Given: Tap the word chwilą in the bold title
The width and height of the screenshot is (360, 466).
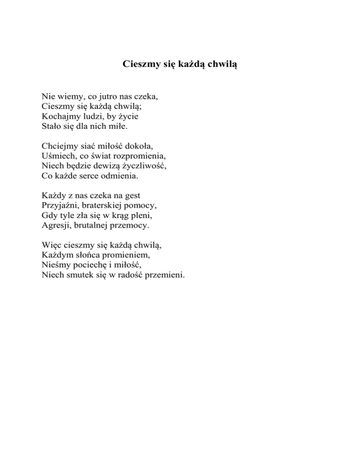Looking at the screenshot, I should pos(220,64).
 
